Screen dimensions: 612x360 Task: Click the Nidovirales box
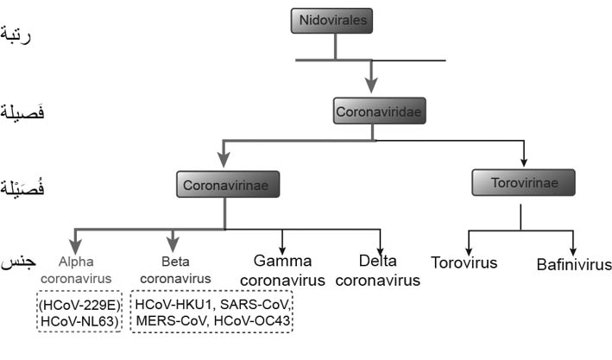pyautogui.click(x=331, y=21)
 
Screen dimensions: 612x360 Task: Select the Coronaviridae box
pyautogui.click(x=379, y=111)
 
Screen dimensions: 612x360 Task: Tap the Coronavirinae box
pyautogui.click(x=228, y=184)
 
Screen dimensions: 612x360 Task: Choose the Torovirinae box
pyautogui.click(x=523, y=182)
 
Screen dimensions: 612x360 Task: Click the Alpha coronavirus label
pyautogui.click(x=76, y=270)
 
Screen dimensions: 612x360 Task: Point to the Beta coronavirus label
pyautogui.click(x=175, y=270)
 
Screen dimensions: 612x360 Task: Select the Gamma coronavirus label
pyautogui.click(x=282, y=270)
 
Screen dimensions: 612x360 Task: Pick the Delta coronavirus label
pyautogui.click(x=378, y=270)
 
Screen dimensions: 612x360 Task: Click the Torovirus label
pyautogui.click(x=464, y=262)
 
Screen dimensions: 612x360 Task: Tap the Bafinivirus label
pyautogui.click(x=574, y=265)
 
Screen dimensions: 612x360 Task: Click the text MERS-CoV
pyautogui.click(x=171, y=320)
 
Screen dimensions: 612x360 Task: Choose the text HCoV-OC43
pyautogui.click(x=252, y=320)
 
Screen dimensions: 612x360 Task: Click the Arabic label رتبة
pyautogui.click(x=16, y=36)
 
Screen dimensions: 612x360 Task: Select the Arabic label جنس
pyautogui.click(x=18, y=262)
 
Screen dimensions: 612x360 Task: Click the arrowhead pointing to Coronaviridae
pyautogui.click(x=371, y=85)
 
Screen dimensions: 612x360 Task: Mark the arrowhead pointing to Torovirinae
pyautogui.click(x=524, y=163)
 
